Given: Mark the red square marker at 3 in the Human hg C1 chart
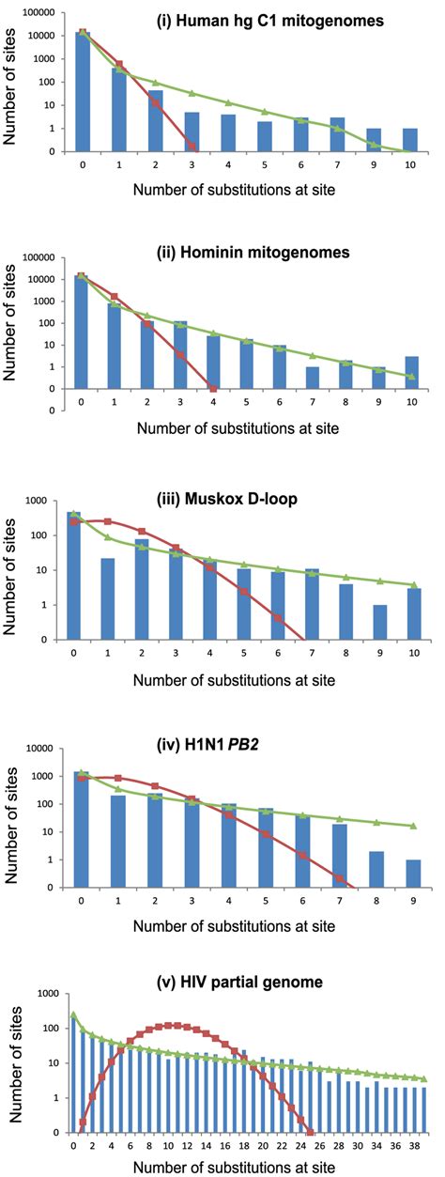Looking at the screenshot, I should pos(192,146).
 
